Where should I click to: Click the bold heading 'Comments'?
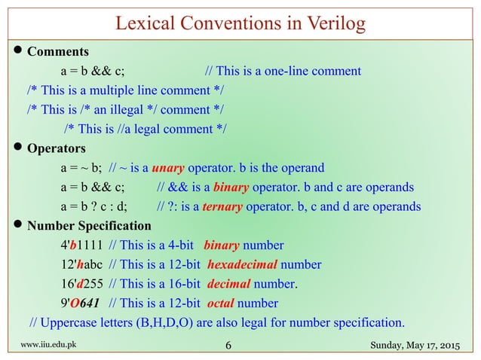58,53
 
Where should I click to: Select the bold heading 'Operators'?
57,148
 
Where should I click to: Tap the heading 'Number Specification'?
89,226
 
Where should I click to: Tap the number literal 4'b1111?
81,246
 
